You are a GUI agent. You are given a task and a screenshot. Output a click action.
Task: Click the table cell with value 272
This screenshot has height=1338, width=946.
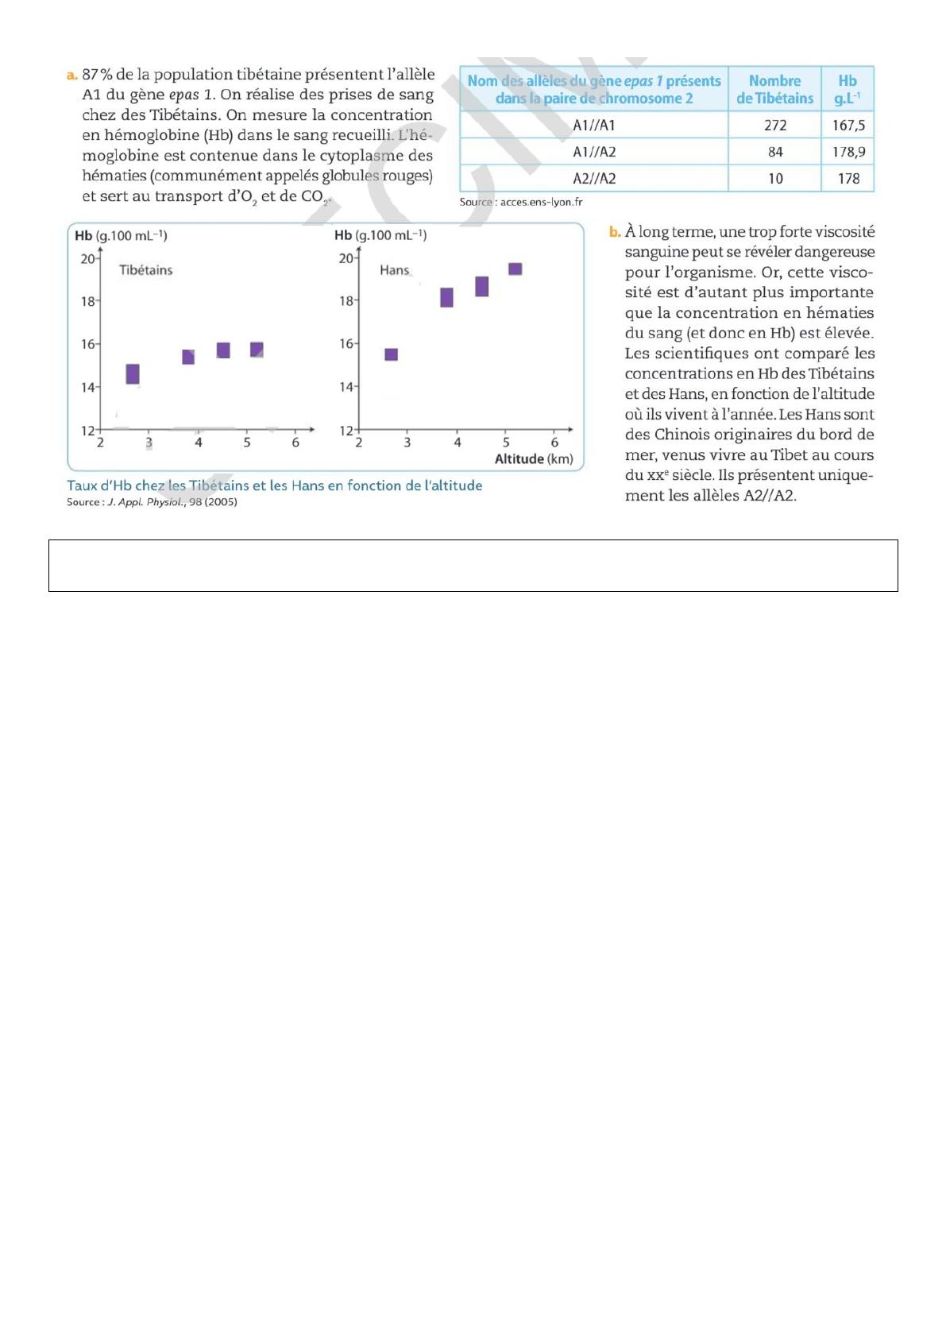(775, 126)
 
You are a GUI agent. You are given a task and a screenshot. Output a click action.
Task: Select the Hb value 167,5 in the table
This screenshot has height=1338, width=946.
(848, 126)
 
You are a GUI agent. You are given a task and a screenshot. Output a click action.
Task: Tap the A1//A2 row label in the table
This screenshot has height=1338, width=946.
(594, 152)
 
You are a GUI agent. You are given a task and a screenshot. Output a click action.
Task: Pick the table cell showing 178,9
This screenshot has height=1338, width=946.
(848, 152)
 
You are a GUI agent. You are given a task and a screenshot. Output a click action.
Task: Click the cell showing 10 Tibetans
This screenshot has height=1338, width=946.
(775, 179)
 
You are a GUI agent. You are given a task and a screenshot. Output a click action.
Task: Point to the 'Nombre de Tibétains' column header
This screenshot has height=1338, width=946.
(774, 89)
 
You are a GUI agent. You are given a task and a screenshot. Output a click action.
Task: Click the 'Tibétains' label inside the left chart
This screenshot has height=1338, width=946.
(145, 270)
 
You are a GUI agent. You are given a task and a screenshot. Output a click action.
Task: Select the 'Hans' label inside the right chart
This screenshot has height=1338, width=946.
(394, 270)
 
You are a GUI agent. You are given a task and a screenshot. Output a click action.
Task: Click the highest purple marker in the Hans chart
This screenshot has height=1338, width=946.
(515, 269)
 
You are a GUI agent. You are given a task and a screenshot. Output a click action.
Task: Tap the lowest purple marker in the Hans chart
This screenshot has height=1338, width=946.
(391, 354)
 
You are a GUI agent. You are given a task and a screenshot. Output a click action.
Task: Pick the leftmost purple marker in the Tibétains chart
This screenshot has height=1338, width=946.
(133, 373)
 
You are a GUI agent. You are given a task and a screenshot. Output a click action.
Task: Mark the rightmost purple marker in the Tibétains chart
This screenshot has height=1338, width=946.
(257, 350)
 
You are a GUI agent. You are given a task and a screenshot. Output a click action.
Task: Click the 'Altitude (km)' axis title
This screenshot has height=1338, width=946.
(534, 459)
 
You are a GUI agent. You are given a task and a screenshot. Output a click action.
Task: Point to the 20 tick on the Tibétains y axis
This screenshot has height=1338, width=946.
(87, 259)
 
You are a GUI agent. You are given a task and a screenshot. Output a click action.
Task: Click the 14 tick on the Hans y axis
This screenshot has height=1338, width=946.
(346, 387)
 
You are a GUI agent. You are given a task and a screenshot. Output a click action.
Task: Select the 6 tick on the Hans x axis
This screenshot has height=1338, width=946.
(554, 443)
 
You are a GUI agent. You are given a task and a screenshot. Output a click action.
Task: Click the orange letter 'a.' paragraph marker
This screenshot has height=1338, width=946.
(71, 75)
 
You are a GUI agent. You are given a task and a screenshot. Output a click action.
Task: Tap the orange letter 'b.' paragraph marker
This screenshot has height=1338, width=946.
(614, 232)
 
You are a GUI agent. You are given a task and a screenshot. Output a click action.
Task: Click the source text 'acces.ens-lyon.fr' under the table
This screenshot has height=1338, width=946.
(541, 202)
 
